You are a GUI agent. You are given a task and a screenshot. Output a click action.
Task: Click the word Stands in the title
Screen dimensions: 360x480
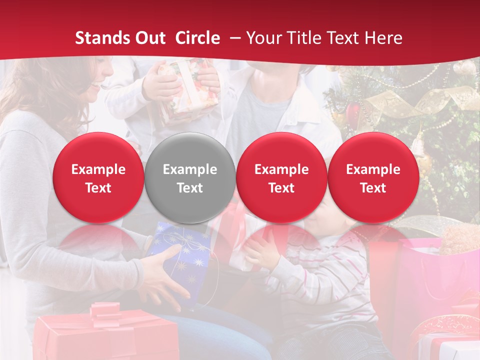point(100,38)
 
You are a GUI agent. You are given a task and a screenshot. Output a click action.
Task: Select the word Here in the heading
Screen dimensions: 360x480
point(384,38)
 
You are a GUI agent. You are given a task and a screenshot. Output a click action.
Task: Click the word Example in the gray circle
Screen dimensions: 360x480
point(189,169)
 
